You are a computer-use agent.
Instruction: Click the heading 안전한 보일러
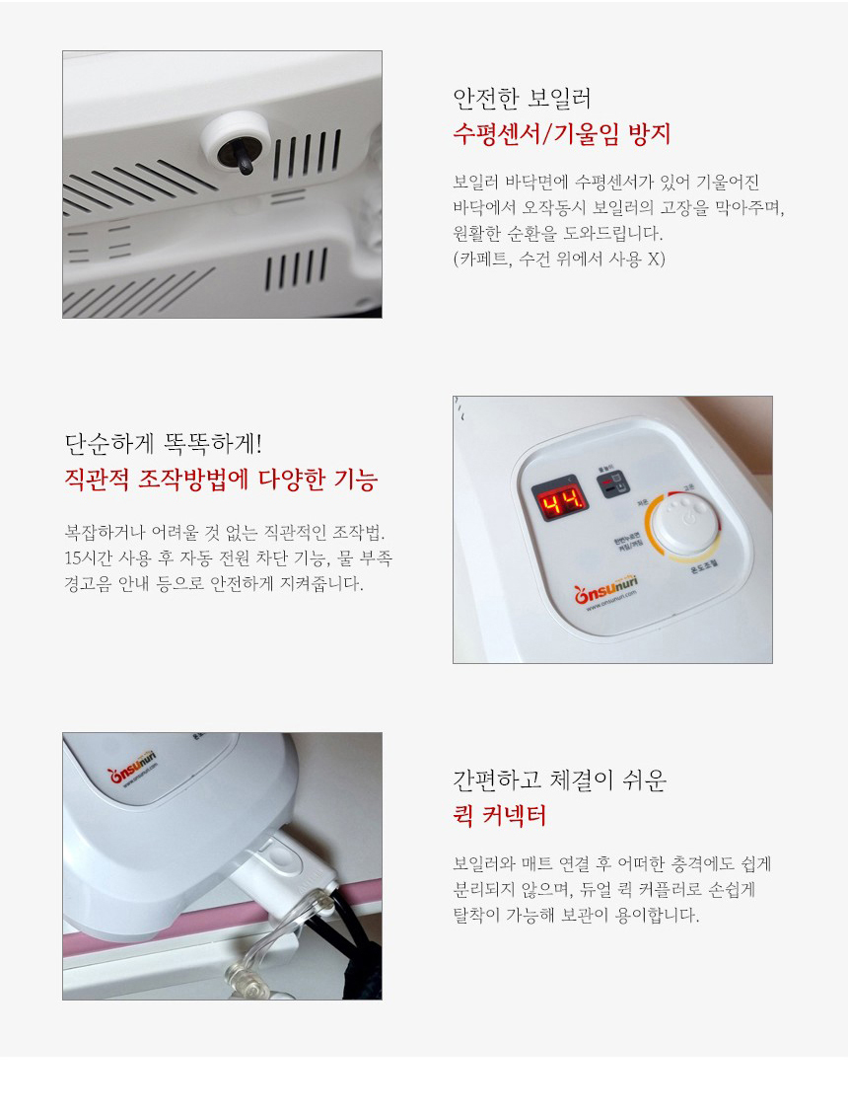click(x=522, y=99)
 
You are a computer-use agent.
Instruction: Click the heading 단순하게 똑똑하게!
click(x=163, y=442)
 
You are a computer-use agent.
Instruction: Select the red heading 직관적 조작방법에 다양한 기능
click(x=220, y=482)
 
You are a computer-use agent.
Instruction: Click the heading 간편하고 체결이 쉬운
click(x=559, y=780)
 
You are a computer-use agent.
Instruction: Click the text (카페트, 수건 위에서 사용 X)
click(x=559, y=261)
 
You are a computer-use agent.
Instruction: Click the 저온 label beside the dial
click(x=642, y=502)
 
